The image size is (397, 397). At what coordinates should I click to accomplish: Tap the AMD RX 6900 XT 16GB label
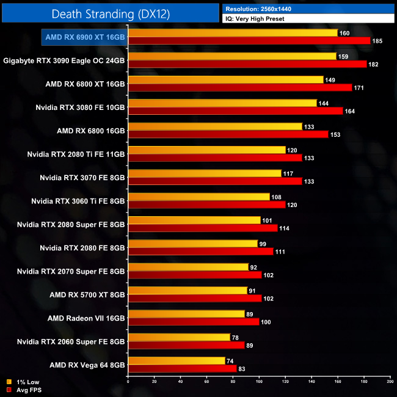(x=84, y=37)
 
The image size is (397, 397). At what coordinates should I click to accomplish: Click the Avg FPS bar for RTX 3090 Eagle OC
(x=247, y=64)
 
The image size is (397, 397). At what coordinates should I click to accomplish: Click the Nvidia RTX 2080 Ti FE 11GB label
(x=76, y=154)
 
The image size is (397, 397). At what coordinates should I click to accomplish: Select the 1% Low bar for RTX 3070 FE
(x=204, y=173)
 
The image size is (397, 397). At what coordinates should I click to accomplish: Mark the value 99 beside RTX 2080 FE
(x=262, y=243)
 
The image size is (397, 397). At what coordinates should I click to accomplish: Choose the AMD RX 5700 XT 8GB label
(x=87, y=294)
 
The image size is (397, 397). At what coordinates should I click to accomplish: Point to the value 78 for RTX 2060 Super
(x=235, y=337)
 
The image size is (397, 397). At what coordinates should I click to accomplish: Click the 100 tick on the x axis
(x=259, y=382)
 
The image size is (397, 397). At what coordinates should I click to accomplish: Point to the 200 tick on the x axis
(x=390, y=382)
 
